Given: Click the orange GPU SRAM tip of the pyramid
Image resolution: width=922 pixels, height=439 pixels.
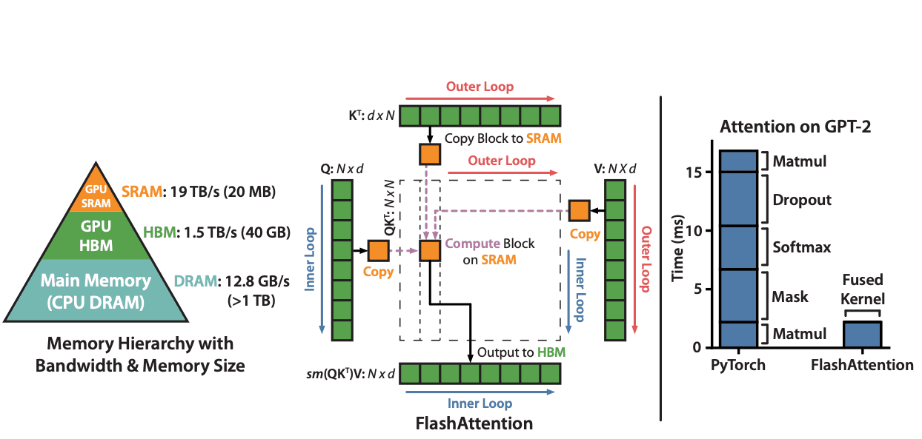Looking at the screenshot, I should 96,195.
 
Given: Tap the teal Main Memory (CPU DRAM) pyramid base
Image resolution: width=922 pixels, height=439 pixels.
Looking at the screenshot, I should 96,289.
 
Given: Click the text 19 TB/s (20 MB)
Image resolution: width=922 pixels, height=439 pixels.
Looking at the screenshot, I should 220,192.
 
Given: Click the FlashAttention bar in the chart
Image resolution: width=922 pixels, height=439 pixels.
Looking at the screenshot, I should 862,334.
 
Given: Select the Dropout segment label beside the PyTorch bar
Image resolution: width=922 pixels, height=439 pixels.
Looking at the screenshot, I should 801,200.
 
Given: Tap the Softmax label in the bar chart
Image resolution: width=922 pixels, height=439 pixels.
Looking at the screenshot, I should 801,247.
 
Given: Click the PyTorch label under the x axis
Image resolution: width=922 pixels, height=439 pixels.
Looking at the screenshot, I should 737,365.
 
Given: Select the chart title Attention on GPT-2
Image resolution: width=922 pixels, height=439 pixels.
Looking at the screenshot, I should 795,127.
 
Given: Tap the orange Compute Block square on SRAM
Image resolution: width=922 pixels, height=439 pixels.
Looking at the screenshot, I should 430,251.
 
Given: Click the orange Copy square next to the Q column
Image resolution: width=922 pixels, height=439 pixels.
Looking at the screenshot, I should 378,251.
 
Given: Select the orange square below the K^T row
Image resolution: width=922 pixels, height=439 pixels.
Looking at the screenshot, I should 430,154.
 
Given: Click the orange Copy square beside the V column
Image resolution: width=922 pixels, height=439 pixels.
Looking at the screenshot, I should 579,210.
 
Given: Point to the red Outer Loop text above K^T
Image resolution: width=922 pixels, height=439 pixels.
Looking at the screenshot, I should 480,87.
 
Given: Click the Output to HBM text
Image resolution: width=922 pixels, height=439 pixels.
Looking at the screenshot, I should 521,352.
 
